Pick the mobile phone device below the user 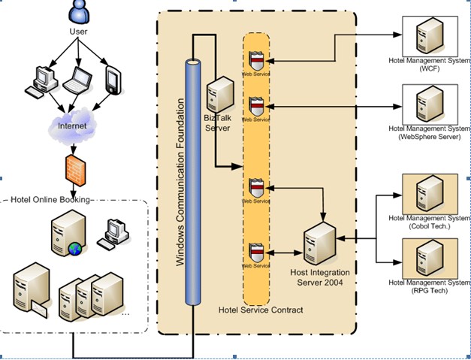113,80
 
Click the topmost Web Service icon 256,58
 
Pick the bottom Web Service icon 256,250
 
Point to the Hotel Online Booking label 49,199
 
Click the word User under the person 79,32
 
